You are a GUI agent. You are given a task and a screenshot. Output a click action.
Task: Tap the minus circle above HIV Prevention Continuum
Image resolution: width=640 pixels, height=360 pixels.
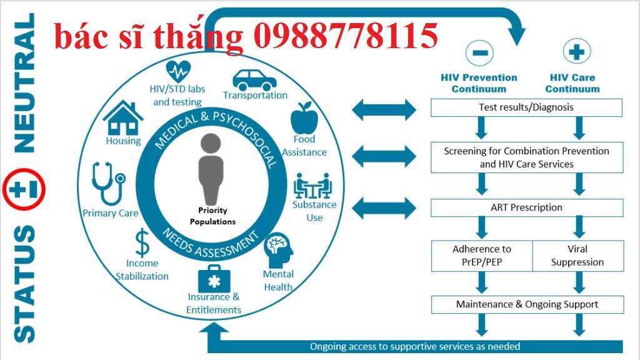(479, 52)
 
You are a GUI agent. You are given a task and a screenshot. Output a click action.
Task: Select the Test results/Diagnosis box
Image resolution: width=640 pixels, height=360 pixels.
(526, 107)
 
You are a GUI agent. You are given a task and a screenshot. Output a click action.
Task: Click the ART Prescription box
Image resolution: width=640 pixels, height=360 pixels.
(526, 207)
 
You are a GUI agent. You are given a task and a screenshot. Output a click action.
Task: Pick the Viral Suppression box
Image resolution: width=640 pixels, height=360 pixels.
(577, 256)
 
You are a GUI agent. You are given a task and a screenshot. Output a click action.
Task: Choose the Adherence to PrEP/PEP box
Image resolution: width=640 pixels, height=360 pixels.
(481, 256)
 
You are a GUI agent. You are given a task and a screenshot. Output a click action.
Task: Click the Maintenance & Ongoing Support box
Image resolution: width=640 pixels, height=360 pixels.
(526, 305)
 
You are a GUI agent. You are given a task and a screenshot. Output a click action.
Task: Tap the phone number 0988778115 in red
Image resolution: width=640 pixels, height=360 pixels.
(346, 36)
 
